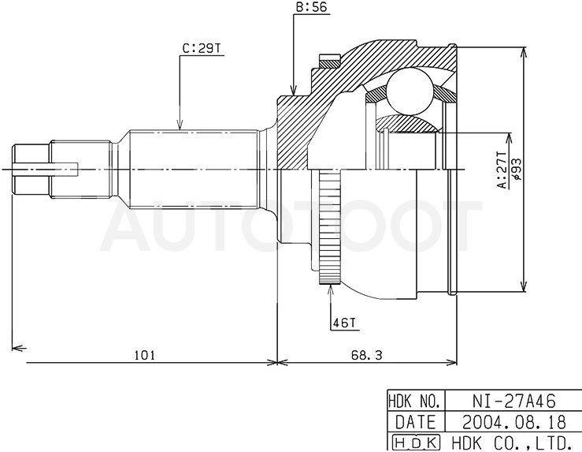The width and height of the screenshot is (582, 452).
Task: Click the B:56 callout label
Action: (312, 7)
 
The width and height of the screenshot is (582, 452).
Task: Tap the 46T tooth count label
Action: (343, 323)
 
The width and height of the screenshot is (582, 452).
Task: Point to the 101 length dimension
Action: (144, 355)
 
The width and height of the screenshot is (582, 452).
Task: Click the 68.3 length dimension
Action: (366, 355)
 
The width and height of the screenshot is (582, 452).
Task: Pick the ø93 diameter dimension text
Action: (517, 170)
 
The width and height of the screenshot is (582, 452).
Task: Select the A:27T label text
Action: (502, 170)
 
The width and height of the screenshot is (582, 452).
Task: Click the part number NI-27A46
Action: (514, 401)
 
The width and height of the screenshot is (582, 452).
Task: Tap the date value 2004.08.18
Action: (514, 422)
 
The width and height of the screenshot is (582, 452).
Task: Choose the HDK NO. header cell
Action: (416, 401)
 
